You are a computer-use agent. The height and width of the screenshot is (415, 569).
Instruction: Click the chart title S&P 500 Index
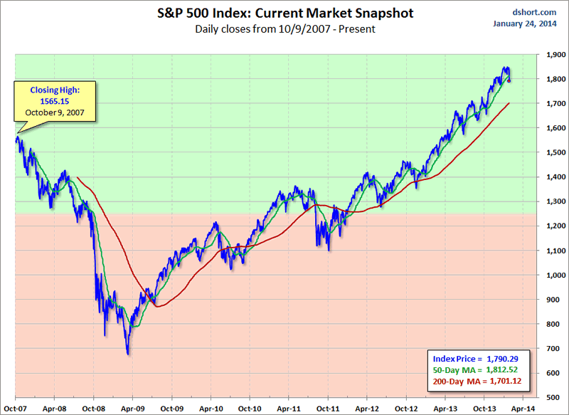[x=285, y=14]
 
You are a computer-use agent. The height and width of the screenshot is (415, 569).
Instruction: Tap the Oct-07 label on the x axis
[x=15, y=409]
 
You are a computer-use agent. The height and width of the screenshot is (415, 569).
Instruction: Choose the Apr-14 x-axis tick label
[x=523, y=409]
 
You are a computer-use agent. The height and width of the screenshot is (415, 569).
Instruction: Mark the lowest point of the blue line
[x=128, y=354]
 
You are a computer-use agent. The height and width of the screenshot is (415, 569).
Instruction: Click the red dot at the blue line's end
[x=509, y=80]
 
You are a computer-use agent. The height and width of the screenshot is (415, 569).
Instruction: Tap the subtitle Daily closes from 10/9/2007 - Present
[x=285, y=29]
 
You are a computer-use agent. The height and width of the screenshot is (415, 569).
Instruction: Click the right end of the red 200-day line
[x=509, y=103]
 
